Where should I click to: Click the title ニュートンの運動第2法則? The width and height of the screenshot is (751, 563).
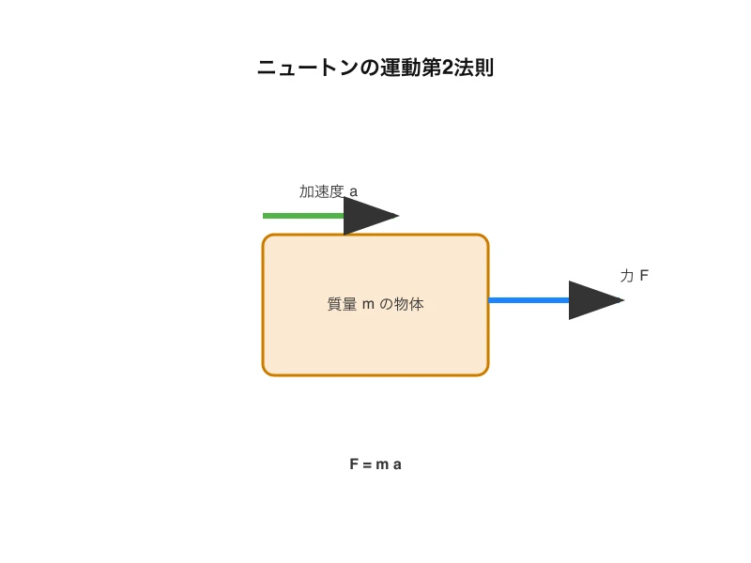click(375, 68)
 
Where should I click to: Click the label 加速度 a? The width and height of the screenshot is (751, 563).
click(329, 191)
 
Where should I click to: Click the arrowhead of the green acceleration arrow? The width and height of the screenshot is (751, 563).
click(370, 216)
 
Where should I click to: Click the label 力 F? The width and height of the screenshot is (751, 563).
click(635, 276)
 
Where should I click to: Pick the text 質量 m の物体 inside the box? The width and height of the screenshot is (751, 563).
click(375, 305)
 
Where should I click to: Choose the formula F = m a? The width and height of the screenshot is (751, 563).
click(375, 464)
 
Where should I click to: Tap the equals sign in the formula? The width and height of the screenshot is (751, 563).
click(367, 464)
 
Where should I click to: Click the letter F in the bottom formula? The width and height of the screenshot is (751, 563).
click(354, 464)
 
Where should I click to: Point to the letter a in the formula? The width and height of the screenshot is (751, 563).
click(397, 464)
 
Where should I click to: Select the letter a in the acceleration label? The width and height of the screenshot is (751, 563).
click(353, 192)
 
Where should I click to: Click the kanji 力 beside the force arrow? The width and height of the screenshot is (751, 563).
click(627, 276)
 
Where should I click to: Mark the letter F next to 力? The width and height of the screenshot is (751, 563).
click(644, 276)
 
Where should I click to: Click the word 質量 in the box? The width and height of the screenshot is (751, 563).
click(342, 305)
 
